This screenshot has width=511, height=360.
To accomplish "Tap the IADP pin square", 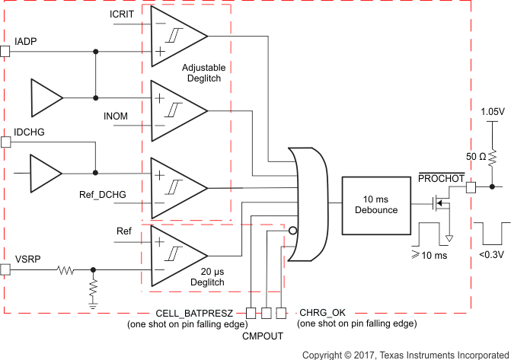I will pyautogui.click(x=5, y=51).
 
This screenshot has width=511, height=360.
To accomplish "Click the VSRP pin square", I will pyautogui.click(x=5, y=269).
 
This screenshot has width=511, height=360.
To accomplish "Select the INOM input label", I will pyautogui.click(x=116, y=116).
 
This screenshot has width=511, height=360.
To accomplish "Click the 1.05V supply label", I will pyautogui.click(x=491, y=112).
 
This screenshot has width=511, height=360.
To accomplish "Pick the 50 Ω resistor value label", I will pyautogui.click(x=477, y=156).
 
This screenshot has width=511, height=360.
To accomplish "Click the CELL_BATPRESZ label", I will pyautogui.click(x=199, y=312).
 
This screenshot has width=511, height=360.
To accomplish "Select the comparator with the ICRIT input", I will pyautogui.click(x=178, y=36).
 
